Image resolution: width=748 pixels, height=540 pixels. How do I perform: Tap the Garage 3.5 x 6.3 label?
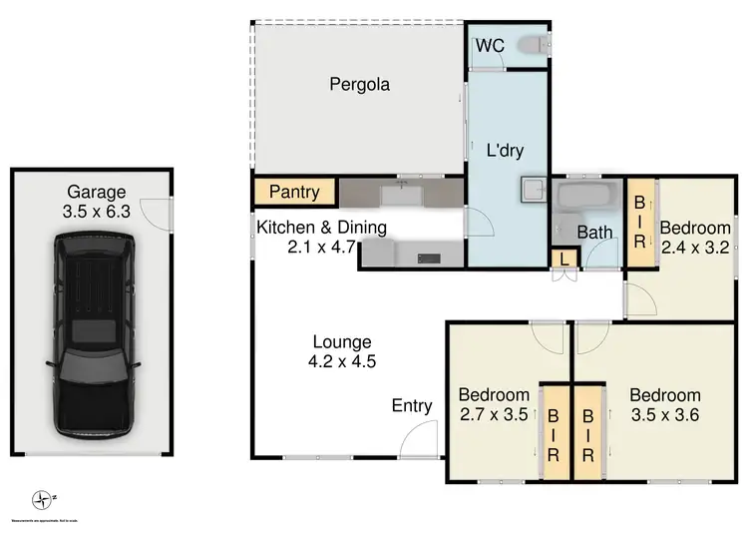click(97, 202)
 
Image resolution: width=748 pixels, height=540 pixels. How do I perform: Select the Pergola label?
click(359, 85)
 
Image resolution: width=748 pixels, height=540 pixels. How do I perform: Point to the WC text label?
click(489, 46)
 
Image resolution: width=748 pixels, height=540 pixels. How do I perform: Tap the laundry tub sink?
click(529, 189)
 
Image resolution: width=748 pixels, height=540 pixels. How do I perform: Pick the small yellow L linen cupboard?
click(564, 259)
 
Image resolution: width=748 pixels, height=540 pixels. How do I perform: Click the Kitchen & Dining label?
click(321, 236)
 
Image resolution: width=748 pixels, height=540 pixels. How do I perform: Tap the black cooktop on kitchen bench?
click(429, 259)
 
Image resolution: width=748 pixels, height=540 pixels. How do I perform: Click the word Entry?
click(412, 405)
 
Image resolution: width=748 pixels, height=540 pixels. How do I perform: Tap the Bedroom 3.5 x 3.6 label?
click(665, 404)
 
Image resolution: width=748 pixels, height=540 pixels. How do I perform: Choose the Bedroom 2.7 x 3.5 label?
click(493, 404)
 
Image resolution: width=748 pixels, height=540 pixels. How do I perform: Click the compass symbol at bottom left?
click(41, 498)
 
